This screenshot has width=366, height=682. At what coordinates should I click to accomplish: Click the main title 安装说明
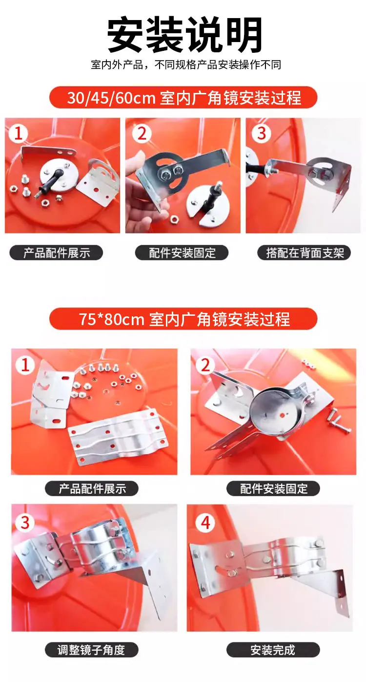(x=184, y=35)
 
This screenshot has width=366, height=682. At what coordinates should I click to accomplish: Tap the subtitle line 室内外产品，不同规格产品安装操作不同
(x=186, y=65)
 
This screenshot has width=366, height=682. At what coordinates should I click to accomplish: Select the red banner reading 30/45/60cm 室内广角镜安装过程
(x=183, y=97)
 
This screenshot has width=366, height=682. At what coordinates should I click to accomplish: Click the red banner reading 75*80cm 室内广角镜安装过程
(x=183, y=319)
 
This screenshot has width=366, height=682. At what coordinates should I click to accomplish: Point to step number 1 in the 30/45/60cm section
(x=18, y=133)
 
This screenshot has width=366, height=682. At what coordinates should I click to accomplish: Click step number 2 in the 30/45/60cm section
(x=142, y=133)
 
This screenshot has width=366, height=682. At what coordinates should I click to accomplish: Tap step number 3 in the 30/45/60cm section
(x=262, y=133)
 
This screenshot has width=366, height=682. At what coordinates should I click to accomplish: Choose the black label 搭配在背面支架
(x=304, y=253)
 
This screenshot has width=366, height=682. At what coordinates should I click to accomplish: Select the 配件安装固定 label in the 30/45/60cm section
(x=182, y=253)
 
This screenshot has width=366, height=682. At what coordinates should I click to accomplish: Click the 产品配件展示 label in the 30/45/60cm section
(x=57, y=253)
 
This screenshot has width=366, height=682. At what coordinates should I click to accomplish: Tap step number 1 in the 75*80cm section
(x=25, y=365)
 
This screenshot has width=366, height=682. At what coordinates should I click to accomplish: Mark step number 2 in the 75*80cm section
(x=205, y=365)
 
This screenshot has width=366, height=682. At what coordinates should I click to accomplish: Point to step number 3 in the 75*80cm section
(x=25, y=523)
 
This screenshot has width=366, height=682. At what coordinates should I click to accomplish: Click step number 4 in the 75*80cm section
(x=205, y=523)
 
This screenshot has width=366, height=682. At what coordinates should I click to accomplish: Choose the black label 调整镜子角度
(x=92, y=650)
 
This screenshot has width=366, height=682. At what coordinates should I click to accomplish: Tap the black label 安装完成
(x=273, y=650)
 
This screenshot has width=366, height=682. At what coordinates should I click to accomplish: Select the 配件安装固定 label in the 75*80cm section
(x=273, y=489)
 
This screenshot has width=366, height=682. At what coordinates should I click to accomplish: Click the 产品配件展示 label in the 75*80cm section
(x=92, y=489)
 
